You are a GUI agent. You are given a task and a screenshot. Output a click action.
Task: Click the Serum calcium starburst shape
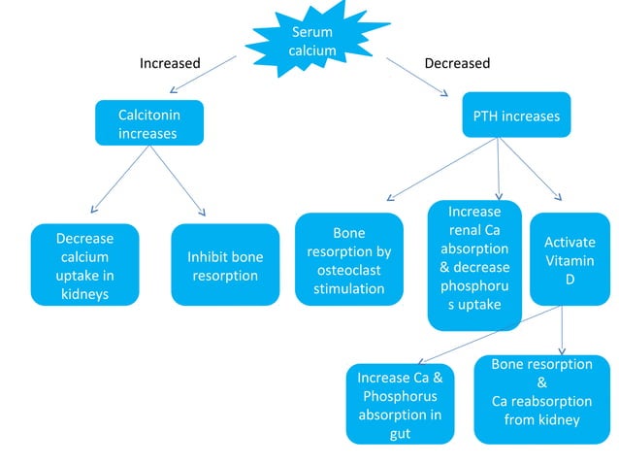[311, 42]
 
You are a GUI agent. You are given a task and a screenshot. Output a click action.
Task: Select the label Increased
[170, 63]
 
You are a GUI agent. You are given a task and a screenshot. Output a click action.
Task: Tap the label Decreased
[457, 63]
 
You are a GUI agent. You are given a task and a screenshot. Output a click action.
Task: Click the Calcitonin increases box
[148, 123]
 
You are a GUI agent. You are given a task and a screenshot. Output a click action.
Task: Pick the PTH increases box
[515, 116]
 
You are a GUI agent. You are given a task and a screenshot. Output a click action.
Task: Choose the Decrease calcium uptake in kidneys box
[84, 264]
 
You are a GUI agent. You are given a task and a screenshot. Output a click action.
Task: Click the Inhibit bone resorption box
[224, 265]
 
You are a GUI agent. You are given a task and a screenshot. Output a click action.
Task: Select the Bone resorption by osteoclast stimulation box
[348, 259]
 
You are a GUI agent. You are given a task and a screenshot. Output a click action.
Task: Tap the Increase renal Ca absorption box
[474, 264]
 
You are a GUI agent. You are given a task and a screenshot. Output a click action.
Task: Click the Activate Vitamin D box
[569, 257]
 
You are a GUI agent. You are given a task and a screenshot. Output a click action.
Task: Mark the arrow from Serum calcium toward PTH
[418, 77]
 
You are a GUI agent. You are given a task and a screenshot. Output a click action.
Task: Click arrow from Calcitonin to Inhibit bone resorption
[179, 180]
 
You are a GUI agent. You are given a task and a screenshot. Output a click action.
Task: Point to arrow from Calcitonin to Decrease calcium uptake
[119, 180]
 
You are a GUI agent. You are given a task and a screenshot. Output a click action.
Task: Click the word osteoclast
[348, 270]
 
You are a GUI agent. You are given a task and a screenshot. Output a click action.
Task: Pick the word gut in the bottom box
[399, 433]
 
